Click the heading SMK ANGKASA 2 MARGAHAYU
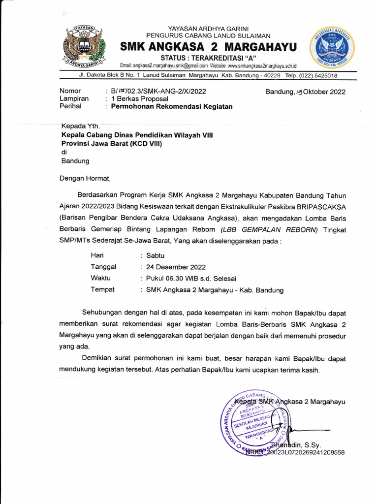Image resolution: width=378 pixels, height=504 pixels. [209, 47]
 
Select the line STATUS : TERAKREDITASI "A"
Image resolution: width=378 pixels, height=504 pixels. [209, 58]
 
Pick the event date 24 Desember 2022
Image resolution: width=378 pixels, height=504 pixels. [176, 267]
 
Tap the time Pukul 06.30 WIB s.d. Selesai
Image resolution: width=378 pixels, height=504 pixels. [191, 278]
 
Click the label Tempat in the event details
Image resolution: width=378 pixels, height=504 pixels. [102, 289]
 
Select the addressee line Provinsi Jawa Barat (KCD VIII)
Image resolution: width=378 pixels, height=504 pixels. [111, 143]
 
